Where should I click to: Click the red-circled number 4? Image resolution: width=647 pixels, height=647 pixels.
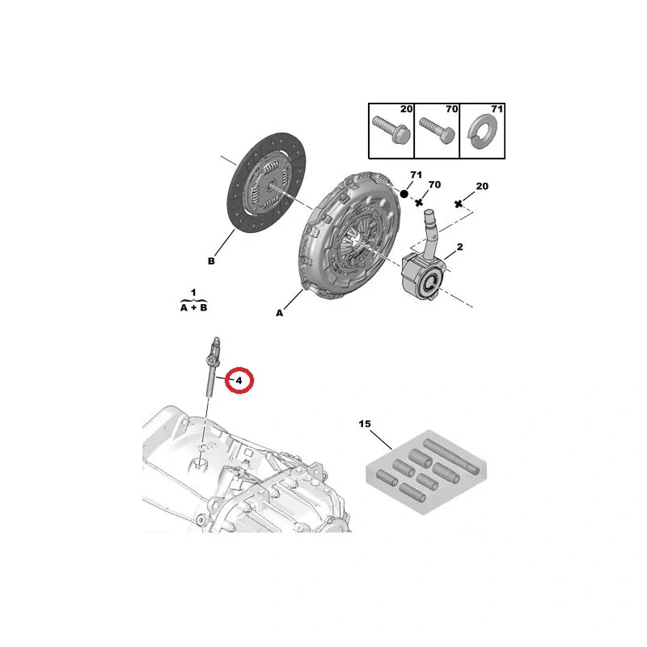(239, 381)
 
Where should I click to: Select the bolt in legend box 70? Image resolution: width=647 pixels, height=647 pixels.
(437, 130)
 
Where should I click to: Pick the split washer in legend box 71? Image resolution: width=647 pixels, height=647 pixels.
(482, 131)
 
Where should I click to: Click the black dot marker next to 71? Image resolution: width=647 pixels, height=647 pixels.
(404, 193)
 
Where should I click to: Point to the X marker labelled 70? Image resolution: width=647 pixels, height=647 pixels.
(419, 202)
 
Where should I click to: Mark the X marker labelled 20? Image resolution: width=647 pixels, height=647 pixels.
(458, 204)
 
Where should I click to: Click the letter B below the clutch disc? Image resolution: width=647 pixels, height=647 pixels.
(211, 261)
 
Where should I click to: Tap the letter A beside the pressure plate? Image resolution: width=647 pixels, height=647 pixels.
(279, 313)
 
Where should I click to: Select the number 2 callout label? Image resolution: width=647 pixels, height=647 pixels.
(459, 247)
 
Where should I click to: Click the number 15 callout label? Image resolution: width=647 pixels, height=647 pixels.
(365, 424)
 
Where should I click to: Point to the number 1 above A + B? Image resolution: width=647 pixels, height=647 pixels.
(193, 293)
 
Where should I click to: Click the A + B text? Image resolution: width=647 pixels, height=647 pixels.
(193, 308)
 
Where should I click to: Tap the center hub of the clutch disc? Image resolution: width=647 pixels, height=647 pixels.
(271, 186)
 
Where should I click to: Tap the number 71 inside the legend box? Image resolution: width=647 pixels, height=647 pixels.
(497, 109)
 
